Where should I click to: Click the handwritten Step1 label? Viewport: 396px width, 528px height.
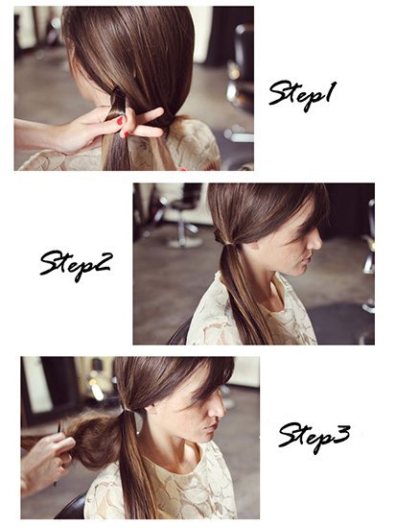click(302, 95)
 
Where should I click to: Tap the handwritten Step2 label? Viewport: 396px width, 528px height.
click(75, 265)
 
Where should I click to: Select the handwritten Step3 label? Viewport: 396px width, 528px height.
click(314, 437)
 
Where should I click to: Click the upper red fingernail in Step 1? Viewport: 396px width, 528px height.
click(120, 121)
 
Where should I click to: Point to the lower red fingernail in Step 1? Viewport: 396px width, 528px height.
click(127, 134)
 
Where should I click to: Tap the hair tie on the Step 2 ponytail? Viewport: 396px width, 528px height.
click(229, 243)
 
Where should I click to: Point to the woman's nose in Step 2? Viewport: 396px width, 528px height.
click(316, 241)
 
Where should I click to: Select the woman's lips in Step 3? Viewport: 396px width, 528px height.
click(212, 427)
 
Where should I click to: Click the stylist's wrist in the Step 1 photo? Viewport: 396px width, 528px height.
click(51, 136)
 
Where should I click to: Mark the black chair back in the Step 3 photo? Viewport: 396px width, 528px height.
click(72, 507)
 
